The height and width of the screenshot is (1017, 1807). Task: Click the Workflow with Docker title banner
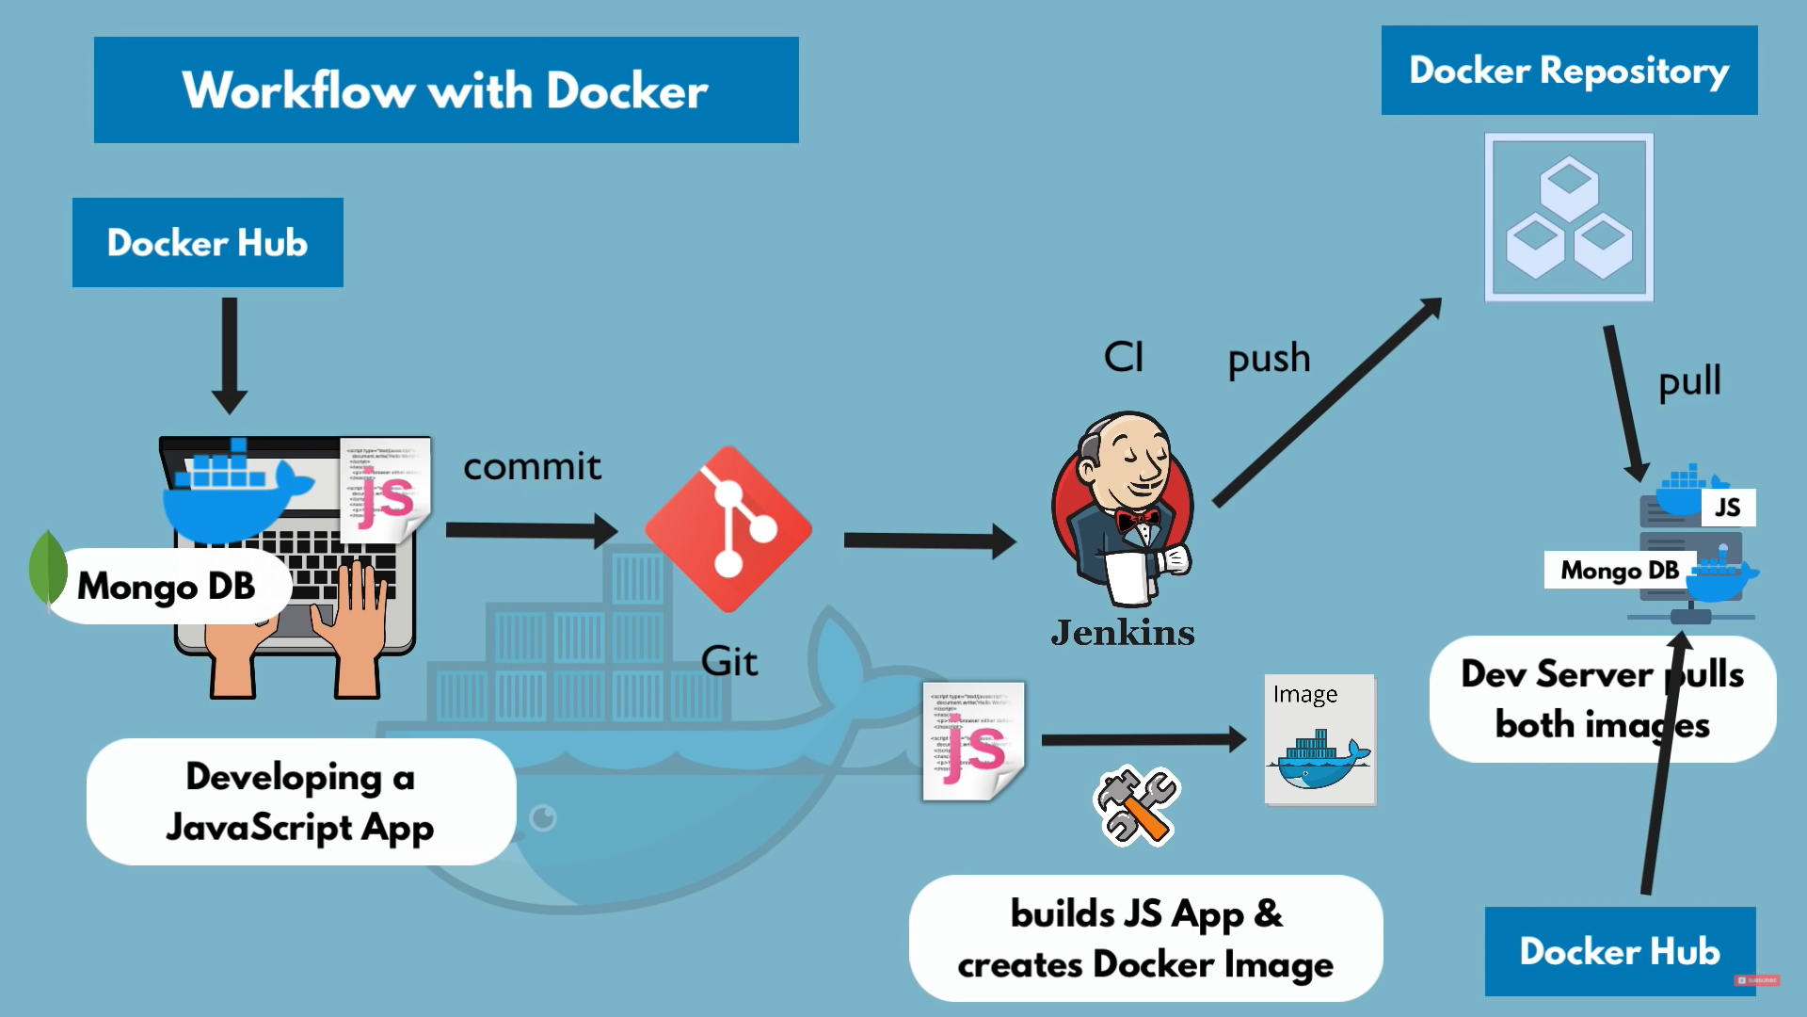(446, 90)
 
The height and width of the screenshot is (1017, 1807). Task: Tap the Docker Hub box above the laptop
(208, 243)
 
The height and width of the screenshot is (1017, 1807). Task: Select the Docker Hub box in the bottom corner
(1620, 951)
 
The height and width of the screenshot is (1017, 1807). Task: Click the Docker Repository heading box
(1569, 71)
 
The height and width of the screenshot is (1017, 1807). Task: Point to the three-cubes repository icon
(1569, 218)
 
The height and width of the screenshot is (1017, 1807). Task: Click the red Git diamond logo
(728, 529)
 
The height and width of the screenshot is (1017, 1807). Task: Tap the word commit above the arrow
(532, 467)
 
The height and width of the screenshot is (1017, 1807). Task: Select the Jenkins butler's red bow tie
(1137, 519)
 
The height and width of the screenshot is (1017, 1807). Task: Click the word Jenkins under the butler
(1123, 633)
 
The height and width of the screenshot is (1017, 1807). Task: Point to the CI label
(1124, 358)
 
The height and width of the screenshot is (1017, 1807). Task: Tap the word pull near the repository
(1689, 382)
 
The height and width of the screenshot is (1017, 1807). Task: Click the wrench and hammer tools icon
(1137, 806)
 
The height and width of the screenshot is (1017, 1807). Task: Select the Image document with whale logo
(1319, 740)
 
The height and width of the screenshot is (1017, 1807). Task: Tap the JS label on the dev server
(1728, 508)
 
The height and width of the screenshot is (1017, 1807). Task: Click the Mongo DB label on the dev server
(1620, 571)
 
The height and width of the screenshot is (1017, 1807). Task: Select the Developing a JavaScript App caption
(300, 802)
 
